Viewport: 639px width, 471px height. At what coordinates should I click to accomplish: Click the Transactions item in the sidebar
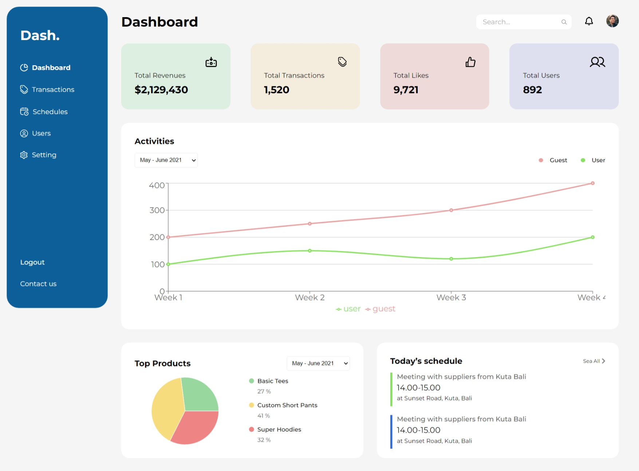click(x=47, y=90)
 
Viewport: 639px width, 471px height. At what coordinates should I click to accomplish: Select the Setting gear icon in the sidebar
click(x=24, y=155)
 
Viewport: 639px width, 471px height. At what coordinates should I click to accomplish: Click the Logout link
click(x=32, y=262)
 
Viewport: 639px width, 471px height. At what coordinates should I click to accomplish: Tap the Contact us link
click(x=38, y=284)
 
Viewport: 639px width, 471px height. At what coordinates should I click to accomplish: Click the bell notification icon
click(x=589, y=21)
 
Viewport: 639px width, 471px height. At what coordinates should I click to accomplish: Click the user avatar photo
click(x=612, y=21)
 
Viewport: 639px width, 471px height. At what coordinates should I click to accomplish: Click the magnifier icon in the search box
click(x=564, y=22)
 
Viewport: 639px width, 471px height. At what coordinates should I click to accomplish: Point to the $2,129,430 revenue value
click(x=161, y=90)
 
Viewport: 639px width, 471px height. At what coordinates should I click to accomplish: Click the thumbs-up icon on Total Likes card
click(x=470, y=62)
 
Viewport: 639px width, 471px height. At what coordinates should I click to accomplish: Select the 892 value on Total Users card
click(x=532, y=90)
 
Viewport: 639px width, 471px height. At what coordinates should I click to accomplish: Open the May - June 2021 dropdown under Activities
click(x=166, y=160)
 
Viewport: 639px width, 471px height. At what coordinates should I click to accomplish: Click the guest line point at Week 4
click(x=593, y=183)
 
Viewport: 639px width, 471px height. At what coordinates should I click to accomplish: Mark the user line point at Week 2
click(x=310, y=251)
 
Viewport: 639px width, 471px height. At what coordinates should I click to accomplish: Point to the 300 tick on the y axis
click(x=157, y=210)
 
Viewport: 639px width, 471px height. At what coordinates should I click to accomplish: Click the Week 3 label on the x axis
click(x=451, y=298)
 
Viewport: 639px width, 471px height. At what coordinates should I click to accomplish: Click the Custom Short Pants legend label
click(x=287, y=405)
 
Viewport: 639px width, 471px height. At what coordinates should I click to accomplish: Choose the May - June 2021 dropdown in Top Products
click(x=318, y=363)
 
